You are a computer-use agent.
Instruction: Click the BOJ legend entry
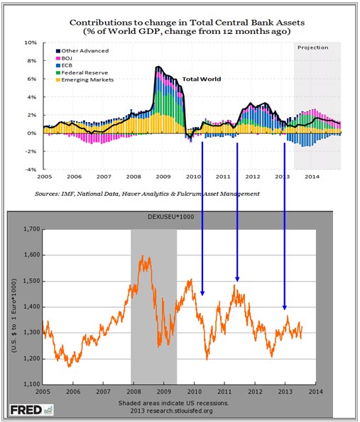tap(64, 58)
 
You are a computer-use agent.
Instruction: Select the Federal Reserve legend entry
tap(82, 72)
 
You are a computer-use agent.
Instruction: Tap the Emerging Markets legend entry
tap(84, 80)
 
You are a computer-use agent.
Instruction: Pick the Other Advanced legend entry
tap(82, 51)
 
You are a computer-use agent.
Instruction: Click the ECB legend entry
tap(64, 65)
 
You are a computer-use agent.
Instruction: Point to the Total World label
tap(202, 79)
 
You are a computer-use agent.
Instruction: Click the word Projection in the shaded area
tap(313, 48)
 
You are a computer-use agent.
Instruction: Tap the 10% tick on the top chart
tap(31, 43)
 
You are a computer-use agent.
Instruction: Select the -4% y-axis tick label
tap(31, 170)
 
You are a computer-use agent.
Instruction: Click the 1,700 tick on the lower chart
tap(32, 229)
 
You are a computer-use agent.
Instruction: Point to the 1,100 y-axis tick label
tap(32, 384)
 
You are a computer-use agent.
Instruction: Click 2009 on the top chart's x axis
tap(163, 177)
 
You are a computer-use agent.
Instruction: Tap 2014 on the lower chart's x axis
tap(315, 392)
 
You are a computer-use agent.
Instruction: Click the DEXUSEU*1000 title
tap(171, 216)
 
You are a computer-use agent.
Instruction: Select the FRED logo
tap(31, 410)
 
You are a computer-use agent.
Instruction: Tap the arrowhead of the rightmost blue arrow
tap(285, 308)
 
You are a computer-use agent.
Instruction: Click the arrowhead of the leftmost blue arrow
tap(202, 294)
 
